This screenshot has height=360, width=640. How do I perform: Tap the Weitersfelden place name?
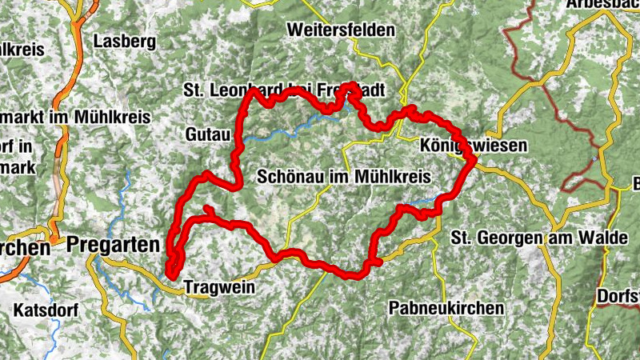click(x=342, y=30)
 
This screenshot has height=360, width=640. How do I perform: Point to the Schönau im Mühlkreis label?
click(x=345, y=176)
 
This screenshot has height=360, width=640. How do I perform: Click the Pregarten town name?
click(x=114, y=245)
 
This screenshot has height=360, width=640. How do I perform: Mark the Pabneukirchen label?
click(x=446, y=307)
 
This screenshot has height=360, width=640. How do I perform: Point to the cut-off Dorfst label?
click(x=618, y=296)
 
